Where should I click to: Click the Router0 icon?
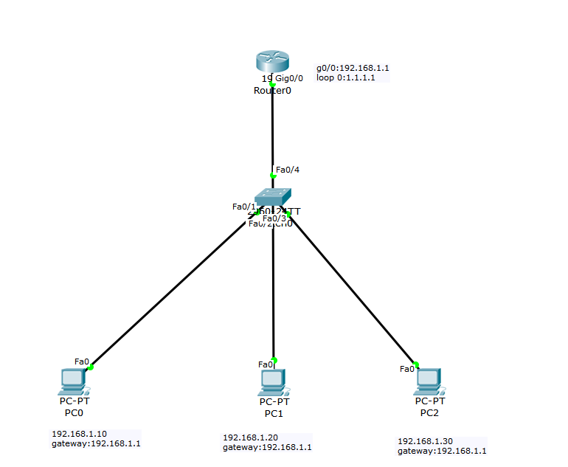pyautogui.click(x=272, y=62)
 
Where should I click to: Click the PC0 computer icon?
pyautogui.click(x=73, y=381)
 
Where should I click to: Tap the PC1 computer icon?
pyautogui.click(x=273, y=381)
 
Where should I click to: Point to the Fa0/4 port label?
pyautogui.click(x=288, y=170)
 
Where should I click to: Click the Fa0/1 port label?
pyautogui.click(x=243, y=207)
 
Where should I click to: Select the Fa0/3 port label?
pyautogui.click(x=274, y=218)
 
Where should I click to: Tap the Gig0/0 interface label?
pyautogui.click(x=289, y=78)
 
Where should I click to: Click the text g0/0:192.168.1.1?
pyautogui.click(x=353, y=67)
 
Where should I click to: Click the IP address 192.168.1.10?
pyautogui.click(x=79, y=434)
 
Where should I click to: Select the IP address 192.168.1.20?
pyautogui.click(x=250, y=437)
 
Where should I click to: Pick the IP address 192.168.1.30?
pyautogui.click(x=425, y=441)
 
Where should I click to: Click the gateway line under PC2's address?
pyautogui.click(x=442, y=451)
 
